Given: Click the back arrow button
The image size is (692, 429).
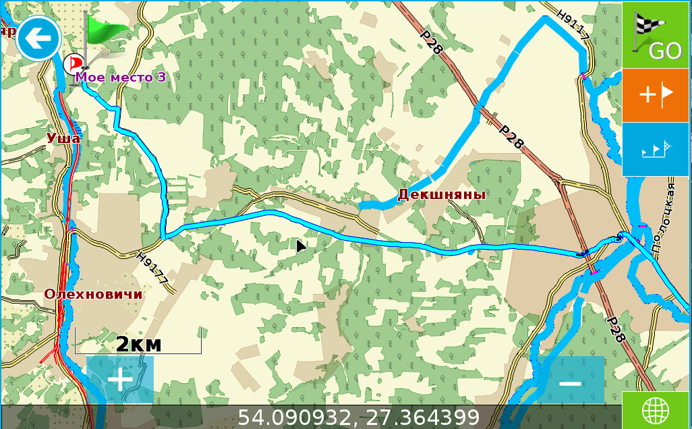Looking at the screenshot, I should click(x=38, y=38).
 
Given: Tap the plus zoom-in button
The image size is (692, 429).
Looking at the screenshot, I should click(x=120, y=380).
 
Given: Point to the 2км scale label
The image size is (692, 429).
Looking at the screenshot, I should click(x=138, y=344).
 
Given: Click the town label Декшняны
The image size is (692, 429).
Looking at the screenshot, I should click(x=442, y=195).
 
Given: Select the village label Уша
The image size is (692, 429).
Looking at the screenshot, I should click(x=63, y=138).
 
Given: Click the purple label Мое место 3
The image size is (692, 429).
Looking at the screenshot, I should click(x=120, y=77).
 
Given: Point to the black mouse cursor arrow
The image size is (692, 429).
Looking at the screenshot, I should click(x=301, y=246).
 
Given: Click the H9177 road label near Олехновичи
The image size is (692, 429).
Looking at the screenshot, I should click(x=152, y=268).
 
